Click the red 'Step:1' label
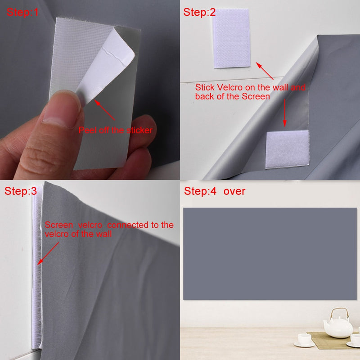(x=22, y=13)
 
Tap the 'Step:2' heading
(x=199, y=13)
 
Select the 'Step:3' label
(x=21, y=191)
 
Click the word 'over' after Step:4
(x=234, y=191)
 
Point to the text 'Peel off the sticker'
(x=116, y=130)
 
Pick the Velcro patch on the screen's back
(x=287, y=150)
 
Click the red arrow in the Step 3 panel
(x=49, y=253)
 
